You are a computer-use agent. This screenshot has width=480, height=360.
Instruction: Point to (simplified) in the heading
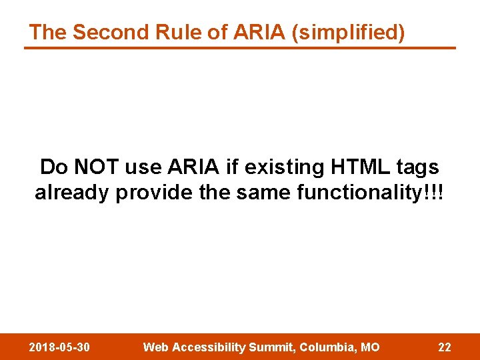[348, 33]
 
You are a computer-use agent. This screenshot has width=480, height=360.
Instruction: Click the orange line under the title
[240, 48]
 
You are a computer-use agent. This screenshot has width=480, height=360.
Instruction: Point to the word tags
[417, 167]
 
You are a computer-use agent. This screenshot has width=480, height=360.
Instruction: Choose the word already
[73, 193]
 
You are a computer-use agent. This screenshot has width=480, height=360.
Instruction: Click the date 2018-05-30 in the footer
[60, 347]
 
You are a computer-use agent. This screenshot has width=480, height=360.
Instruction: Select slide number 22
[444, 347]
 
